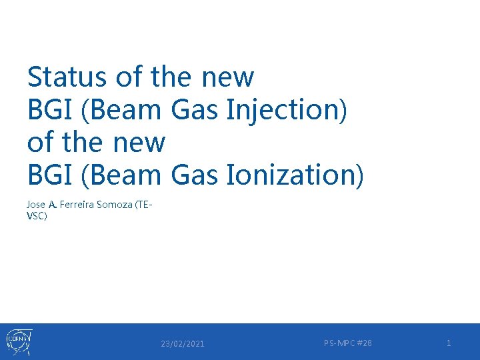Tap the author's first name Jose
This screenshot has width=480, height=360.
click(36, 205)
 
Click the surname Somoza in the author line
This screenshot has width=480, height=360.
click(114, 205)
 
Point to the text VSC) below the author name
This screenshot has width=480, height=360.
click(37, 217)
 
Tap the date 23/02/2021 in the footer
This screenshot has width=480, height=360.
click(183, 343)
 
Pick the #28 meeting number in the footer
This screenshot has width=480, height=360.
click(365, 343)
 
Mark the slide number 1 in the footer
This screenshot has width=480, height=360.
click(449, 343)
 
